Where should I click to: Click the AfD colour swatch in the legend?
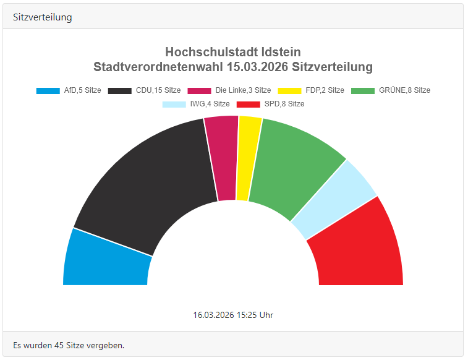coord(48,90)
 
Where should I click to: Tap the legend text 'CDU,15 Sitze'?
coord(158,90)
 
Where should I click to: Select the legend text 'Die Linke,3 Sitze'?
coord(243,90)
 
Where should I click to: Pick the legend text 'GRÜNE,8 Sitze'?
coord(404,90)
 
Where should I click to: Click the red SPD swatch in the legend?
coord(249,104)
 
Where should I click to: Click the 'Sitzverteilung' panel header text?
coord(42,17)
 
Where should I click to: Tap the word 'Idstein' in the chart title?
coord(278,52)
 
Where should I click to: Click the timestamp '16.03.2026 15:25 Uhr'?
coord(233,315)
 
